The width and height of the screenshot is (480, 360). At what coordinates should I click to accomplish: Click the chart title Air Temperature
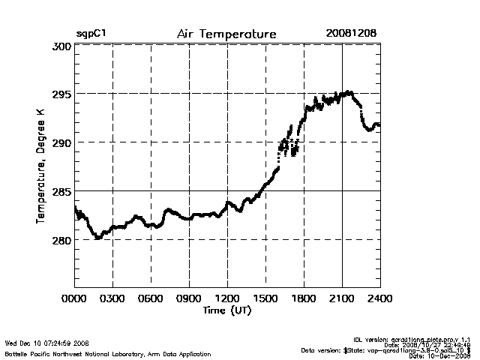226,34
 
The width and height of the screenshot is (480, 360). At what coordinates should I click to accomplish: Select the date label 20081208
351,34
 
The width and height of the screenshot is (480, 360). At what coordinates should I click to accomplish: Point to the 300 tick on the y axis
61,46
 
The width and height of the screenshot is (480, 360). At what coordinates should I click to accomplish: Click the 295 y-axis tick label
61,94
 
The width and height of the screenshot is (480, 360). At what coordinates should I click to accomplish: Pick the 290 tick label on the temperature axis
61,142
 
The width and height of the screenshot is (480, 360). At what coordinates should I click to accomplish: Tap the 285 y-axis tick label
61,192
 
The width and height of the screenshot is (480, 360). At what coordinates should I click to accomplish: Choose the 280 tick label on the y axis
61,241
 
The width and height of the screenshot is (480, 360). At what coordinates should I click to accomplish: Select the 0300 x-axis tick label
112,298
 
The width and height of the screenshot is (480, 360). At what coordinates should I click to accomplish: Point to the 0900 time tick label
189,298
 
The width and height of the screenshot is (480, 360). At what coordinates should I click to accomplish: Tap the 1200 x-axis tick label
227,298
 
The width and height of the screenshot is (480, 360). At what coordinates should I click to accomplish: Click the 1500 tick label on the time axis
265,298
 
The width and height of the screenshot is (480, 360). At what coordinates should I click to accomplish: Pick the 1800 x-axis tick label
304,298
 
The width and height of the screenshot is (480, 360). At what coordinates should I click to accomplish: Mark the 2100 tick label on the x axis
342,298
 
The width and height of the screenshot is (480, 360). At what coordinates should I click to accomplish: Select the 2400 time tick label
379,298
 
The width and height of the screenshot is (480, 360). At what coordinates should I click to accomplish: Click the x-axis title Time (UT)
226,310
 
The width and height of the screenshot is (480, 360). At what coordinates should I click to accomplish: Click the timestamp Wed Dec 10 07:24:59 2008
47,344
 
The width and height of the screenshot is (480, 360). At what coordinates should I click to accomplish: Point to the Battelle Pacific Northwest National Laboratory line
107,353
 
